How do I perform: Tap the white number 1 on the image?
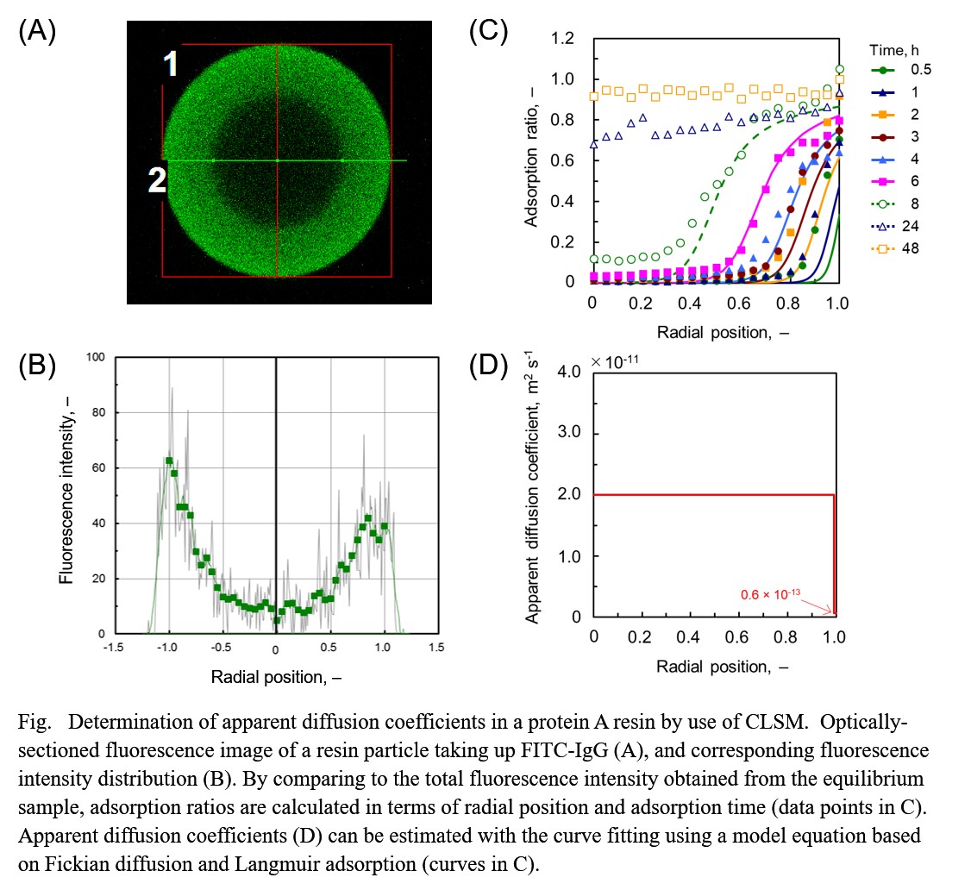click(x=172, y=64)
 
